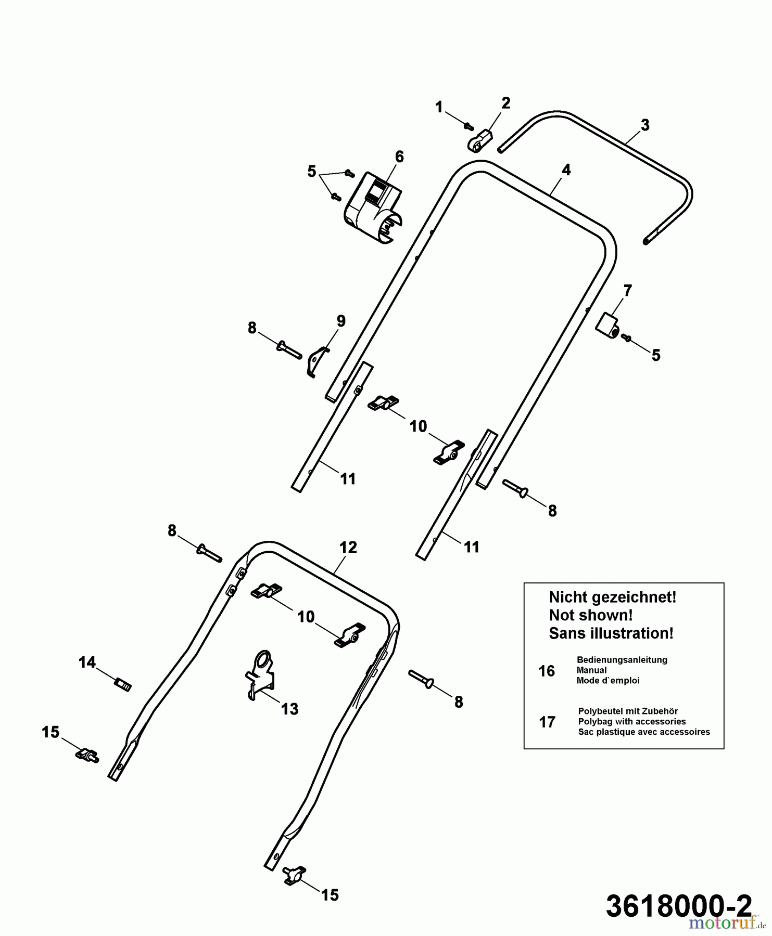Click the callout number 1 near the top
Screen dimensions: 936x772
coord(439,107)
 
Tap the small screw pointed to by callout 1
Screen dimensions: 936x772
coord(469,125)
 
